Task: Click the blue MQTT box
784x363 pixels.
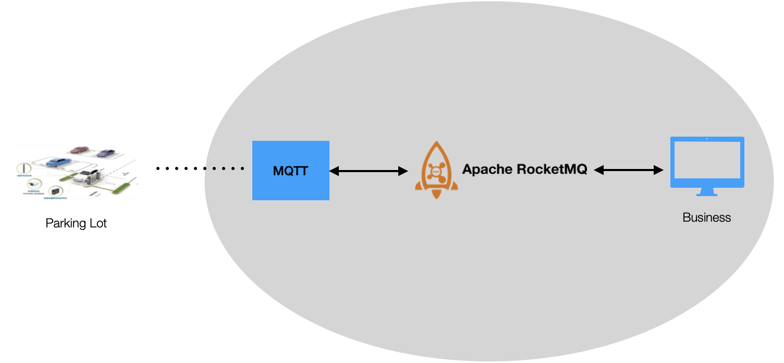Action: click(x=290, y=171)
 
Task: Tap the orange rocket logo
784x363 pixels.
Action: click(x=436, y=170)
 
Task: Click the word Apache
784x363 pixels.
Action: click(x=487, y=170)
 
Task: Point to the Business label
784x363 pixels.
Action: click(x=706, y=217)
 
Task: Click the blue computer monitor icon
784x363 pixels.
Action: click(x=707, y=162)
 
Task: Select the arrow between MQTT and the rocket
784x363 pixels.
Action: click(x=368, y=171)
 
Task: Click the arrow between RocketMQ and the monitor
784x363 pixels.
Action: click(x=628, y=170)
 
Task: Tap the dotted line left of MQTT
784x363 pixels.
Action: click(x=225, y=168)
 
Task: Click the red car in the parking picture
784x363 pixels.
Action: click(x=80, y=150)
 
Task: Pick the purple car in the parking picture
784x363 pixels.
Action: click(x=105, y=153)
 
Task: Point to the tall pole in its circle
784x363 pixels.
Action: click(x=22, y=169)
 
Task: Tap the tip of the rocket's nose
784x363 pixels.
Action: click(x=436, y=143)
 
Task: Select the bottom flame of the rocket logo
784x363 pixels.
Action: click(x=436, y=194)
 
